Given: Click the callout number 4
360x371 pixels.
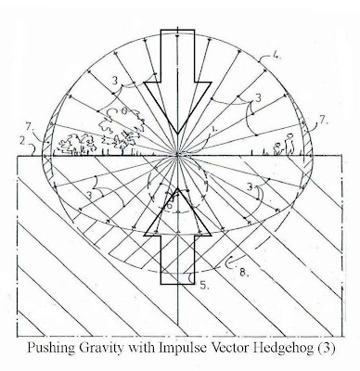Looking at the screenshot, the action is click(276, 57).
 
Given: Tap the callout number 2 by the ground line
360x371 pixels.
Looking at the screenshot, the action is click(21, 142).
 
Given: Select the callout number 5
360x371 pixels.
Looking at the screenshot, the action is click(204, 285).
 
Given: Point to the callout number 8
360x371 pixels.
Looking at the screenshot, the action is click(243, 272).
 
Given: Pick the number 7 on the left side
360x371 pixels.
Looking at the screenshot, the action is click(29, 127).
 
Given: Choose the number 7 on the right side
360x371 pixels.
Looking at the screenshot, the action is click(323, 120).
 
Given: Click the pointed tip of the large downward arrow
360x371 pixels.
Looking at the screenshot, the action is click(177, 134).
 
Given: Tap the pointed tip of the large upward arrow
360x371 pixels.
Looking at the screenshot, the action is click(177, 187).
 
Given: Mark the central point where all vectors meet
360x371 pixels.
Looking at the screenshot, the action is click(177, 154).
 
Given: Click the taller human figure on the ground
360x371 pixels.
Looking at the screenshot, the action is click(289, 144).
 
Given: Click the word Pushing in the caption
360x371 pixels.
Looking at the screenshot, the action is click(51, 348).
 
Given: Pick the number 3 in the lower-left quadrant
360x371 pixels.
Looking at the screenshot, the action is click(90, 195).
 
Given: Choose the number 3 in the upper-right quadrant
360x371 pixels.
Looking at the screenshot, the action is click(258, 97).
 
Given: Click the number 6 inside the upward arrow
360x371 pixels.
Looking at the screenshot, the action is click(169, 205).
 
